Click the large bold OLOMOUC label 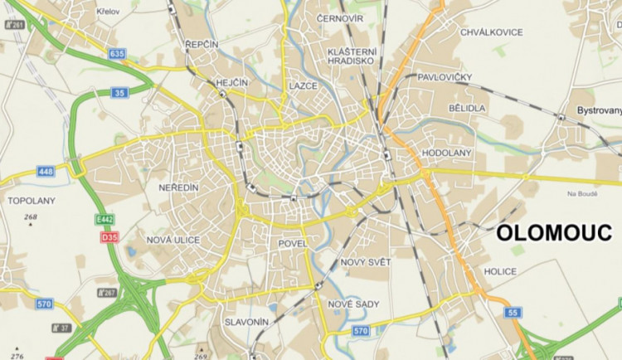[553, 235]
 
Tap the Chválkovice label [491, 32]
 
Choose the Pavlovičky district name [445, 76]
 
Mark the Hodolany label [446, 153]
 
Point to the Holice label [501, 272]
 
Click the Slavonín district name [245, 321]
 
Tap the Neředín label [178, 188]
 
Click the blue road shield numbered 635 [117, 54]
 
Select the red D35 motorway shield [109, 237]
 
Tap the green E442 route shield [104, 220]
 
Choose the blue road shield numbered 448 [46, 172]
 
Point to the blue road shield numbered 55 [513, 312]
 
